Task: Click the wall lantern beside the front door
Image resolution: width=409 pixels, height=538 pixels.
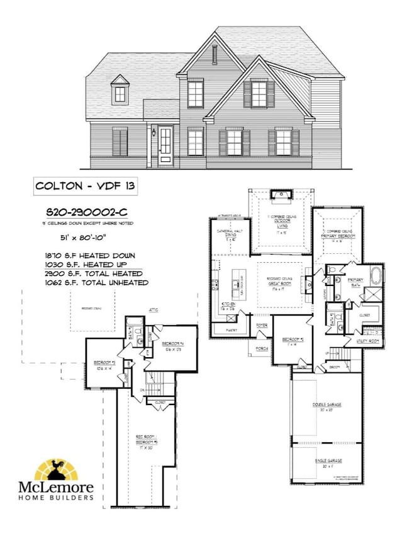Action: click(153, 133)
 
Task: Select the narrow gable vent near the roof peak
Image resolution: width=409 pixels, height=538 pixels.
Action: click(214, 55)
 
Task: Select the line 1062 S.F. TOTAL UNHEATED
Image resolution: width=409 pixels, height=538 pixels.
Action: click(94, 283)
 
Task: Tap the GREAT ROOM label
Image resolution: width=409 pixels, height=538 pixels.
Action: click(281, 283)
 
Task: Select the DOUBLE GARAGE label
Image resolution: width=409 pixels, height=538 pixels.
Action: click(326, 407)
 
